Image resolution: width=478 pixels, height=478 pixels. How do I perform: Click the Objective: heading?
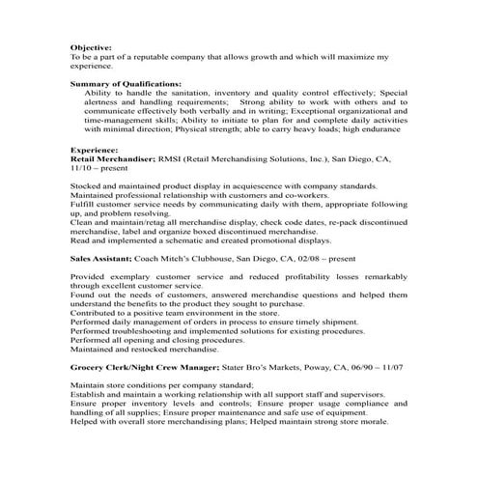tap(91, 46)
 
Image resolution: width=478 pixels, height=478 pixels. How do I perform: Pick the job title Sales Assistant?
tap(104, 259)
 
